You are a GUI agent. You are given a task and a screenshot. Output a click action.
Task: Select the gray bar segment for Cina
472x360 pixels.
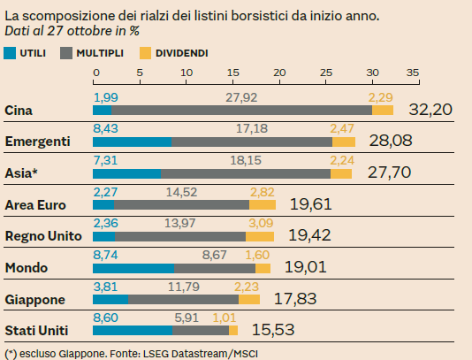point(241,110)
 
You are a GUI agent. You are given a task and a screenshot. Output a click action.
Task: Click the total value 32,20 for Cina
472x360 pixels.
point(431,110)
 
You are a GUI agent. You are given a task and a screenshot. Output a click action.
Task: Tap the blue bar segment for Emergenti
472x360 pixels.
point(132,142)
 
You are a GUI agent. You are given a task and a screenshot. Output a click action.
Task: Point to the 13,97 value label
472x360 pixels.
point(180,221)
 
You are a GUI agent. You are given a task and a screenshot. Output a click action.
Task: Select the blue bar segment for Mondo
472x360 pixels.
point(133,268)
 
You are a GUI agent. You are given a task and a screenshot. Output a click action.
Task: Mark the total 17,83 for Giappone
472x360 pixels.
point(295,300)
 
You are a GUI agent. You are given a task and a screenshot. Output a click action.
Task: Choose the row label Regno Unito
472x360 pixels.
point(43,236)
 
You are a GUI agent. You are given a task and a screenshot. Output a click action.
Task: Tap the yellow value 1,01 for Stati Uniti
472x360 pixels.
point(227,316)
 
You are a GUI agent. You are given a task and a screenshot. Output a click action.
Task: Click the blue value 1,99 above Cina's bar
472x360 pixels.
point(105,96)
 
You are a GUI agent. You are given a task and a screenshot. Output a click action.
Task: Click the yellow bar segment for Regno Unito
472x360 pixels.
point(259,236)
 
